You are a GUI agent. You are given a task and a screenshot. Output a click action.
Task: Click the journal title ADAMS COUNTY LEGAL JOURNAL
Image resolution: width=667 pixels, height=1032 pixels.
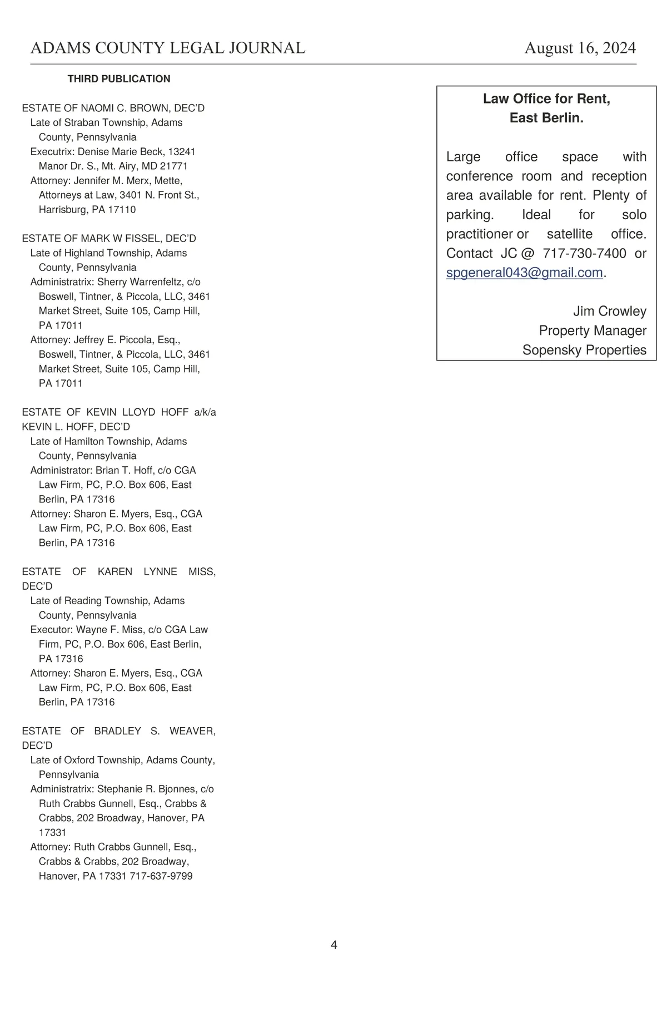(167, 48)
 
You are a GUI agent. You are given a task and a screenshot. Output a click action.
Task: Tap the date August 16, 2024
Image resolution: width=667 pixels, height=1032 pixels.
(580, 48)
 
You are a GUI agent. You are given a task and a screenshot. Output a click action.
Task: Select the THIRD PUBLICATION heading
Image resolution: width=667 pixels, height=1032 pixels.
(119, 79)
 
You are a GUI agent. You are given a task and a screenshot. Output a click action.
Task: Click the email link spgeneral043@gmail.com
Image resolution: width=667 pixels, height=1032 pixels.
(524, 273)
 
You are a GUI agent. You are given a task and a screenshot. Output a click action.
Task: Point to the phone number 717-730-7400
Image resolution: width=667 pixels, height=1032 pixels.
(584, 254)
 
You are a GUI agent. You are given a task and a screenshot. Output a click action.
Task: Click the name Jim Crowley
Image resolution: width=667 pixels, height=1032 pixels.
(609, 312)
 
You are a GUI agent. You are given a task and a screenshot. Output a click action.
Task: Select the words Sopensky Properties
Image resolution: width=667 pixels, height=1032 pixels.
(584, 350)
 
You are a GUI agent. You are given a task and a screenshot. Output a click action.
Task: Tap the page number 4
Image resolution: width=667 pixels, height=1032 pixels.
(333, 945)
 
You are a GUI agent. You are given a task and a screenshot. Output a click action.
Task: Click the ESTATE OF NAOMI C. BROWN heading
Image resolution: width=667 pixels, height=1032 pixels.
(113, 108)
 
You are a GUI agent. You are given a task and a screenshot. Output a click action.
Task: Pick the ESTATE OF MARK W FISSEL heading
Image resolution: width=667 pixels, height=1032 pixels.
(109, 239)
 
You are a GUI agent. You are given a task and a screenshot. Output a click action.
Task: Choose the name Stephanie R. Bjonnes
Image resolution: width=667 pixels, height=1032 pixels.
(147, 789)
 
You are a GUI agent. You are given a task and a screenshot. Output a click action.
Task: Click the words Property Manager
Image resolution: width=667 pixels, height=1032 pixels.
(593, 331)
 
